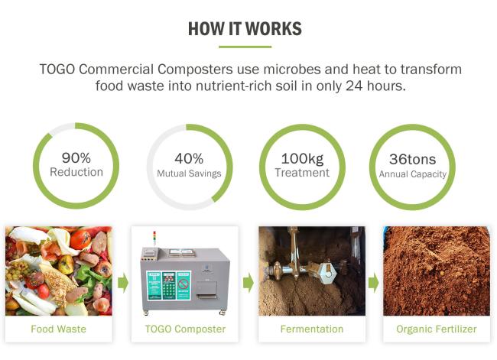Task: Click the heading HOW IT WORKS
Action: (x=245, y=29)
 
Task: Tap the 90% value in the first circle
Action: (x=76, y=157)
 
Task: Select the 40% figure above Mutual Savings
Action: (x=189, y=158)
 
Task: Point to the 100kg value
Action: (x=302, y=159)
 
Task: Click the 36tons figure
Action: (x=412, y=159)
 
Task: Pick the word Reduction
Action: (x=76, y=172)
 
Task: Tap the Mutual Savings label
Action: (x=189, y=174)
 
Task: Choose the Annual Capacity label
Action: (x=413, y=174)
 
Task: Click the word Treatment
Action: (x=302, y=173)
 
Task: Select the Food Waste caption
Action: (x=58, y=329)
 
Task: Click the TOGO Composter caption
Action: (x=185, y=329)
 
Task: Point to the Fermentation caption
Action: (x=312, y=329)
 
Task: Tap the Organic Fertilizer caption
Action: (x=437, y=329)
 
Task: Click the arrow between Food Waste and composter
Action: (x=123, y=283)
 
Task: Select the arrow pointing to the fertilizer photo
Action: (x=373, y=283)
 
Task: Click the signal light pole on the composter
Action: (x=154, y=238)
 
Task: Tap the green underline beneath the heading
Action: (x=245, y=47)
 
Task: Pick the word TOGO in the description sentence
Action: (x=57, y=70)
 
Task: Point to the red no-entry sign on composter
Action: (x=184, y=284)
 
